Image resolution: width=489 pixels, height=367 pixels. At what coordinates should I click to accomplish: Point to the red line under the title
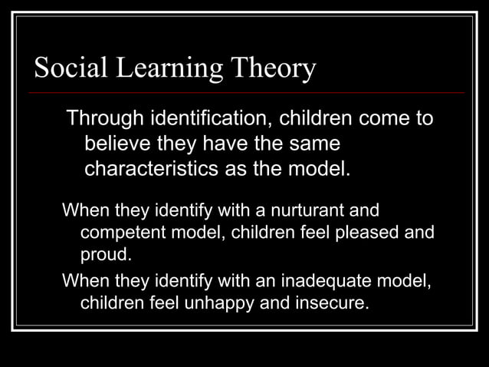point(245,92)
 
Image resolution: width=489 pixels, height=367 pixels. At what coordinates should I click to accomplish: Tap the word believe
point(119,144)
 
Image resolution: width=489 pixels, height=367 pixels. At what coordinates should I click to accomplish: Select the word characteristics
point(159,167)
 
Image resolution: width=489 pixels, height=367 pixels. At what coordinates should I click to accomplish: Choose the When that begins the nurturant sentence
point(86,209)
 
